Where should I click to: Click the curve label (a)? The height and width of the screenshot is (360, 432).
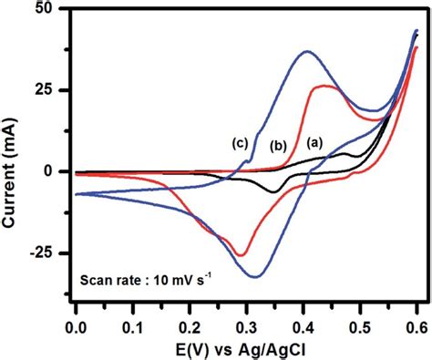314,142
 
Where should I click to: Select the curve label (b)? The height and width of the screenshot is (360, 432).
279,146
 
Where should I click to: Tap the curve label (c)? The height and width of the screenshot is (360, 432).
241,143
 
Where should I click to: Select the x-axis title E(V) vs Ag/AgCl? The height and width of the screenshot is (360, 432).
246,348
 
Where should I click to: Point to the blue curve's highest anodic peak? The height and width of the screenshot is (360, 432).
307,51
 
